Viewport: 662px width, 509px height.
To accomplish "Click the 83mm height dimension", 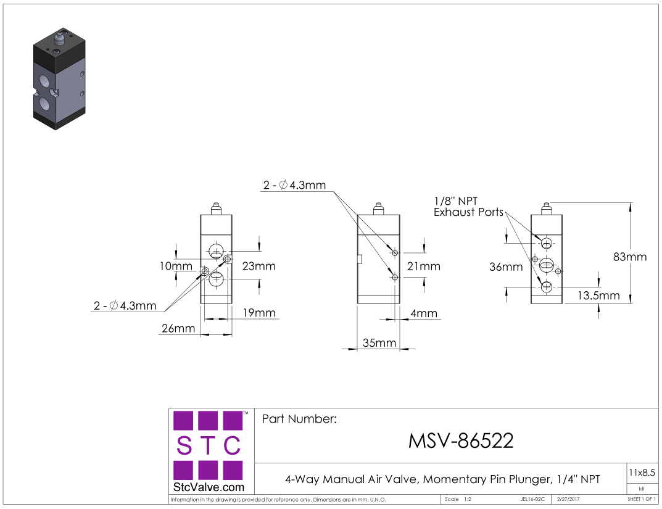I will click(x=629, y=257).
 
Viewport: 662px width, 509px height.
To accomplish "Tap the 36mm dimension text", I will click(x=505, y=267).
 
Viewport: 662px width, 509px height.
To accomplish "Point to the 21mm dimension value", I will click(x=424, y=267).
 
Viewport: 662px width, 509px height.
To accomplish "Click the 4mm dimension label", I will click(x=424, y=313).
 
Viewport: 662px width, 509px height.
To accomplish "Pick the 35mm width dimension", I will click(x=379, y=343).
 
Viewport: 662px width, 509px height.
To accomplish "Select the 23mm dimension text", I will click(x=259, y=267).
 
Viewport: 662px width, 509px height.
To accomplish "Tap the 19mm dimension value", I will click(x=259, y=313).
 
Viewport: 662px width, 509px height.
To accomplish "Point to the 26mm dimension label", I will click(x=178, y=329).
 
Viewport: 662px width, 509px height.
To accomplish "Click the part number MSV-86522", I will click(x=461, y=441).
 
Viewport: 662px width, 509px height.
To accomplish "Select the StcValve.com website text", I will click(x=209, y=487).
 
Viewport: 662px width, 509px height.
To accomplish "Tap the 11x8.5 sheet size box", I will click(x=641, y=473).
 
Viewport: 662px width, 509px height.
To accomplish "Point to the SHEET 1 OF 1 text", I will click(x=641, y=499).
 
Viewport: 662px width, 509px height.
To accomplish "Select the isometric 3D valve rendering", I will click(x=59, y=79).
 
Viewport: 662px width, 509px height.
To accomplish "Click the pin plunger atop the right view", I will click(x=546, y=209).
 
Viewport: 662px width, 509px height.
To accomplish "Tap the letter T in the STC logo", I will click(x=208, y=445).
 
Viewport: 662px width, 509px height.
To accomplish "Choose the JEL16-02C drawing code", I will click(x=532, y=499).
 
